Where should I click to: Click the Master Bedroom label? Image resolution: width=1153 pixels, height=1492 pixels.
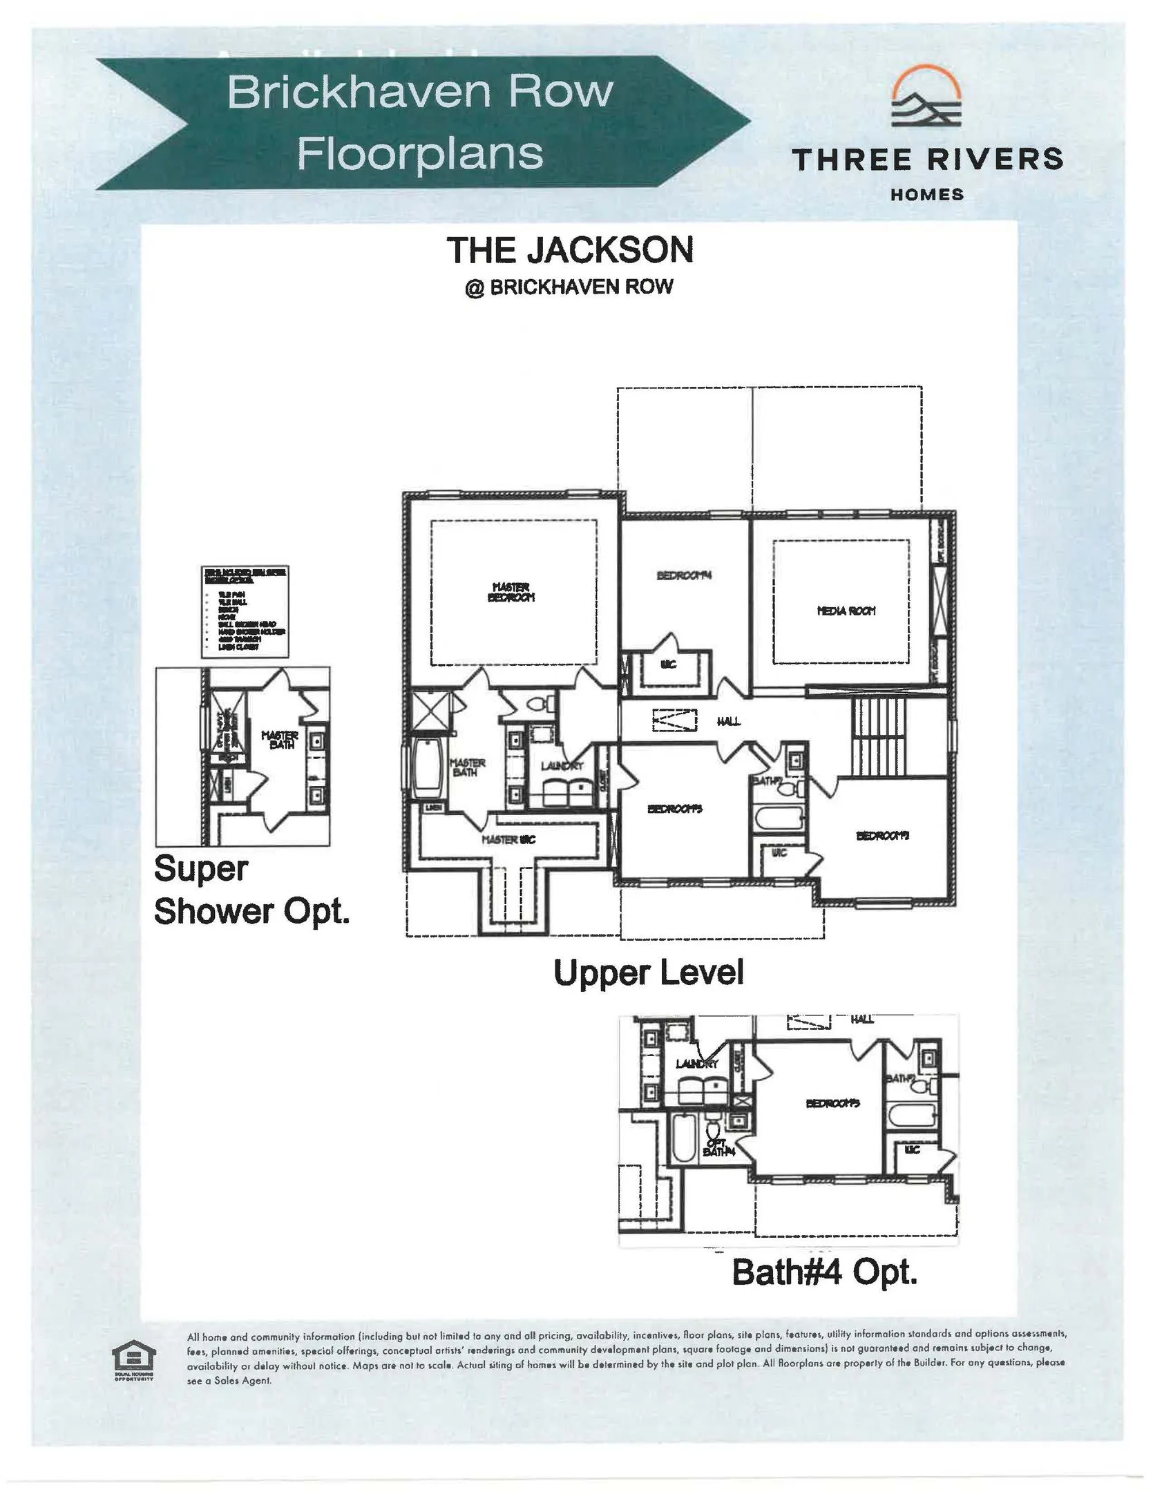tap(511, 592)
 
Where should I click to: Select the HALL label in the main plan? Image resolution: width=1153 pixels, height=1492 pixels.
tap(728, 721)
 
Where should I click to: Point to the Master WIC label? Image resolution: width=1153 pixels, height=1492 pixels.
tap(508, 839)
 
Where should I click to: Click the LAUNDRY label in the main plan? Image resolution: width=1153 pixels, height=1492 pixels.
tap(562, 766)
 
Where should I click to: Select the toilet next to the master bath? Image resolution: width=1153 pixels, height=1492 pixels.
tap(538, 705)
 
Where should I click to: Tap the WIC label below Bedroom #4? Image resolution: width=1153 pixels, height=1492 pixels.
tap(667, 664)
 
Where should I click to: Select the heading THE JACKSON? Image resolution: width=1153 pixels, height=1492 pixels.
tap(569, 250)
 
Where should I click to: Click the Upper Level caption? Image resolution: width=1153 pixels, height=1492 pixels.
tap(648, 973)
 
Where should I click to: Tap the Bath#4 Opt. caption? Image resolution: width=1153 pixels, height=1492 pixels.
tap(824, 1272)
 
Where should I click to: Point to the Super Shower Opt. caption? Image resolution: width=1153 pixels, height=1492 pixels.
tap(251, 890)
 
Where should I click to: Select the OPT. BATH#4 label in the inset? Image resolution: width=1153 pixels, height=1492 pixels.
tap(718, 1149)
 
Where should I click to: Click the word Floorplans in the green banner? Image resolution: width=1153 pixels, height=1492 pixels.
tap(420, 153)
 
